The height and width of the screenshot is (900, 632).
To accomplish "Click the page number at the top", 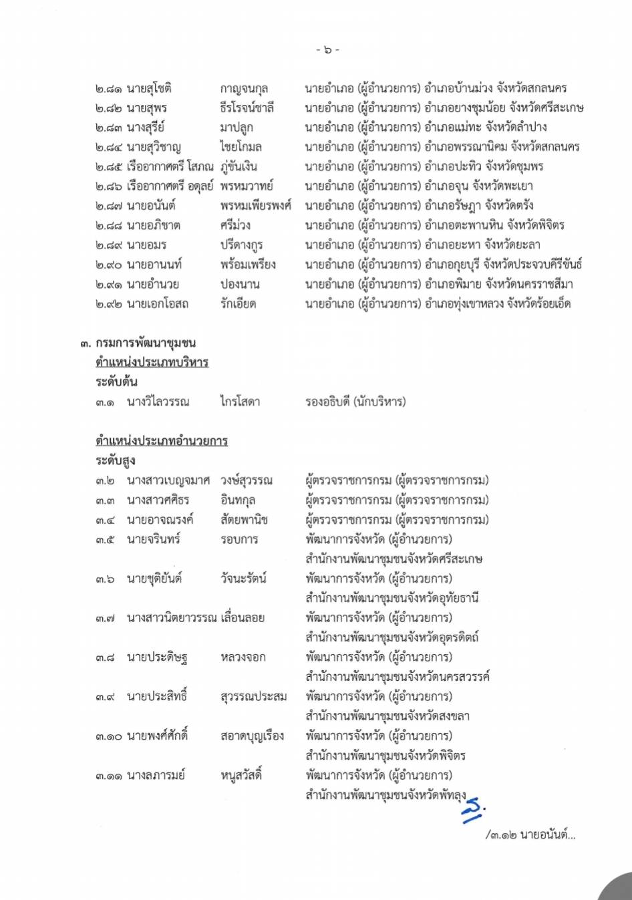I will pos(327,49).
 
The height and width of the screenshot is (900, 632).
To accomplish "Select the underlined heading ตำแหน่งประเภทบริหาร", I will pos(152,362).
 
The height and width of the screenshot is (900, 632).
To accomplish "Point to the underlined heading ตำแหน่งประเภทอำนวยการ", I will pos(161,441).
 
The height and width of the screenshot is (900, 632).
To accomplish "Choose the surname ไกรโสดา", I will pos(240,402).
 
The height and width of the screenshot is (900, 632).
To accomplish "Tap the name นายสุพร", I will pos(147,108).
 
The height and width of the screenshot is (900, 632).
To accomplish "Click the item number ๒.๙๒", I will pos(108,304).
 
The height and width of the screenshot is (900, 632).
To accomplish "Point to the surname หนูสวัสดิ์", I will pos(241,775).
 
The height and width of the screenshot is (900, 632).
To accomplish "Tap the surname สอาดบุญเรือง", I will pos(252,736).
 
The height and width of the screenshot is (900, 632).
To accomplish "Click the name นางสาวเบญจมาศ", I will pos(168,480).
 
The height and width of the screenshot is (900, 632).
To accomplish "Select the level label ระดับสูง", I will pos(116,460).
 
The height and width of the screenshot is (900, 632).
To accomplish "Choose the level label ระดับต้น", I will pos(116,382).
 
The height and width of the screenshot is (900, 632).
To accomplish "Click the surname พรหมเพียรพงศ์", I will pos(255,206).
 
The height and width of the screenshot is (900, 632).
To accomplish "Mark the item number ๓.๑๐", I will pos(108,736).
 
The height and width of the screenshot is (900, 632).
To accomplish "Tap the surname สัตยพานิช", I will pos(244,520).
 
